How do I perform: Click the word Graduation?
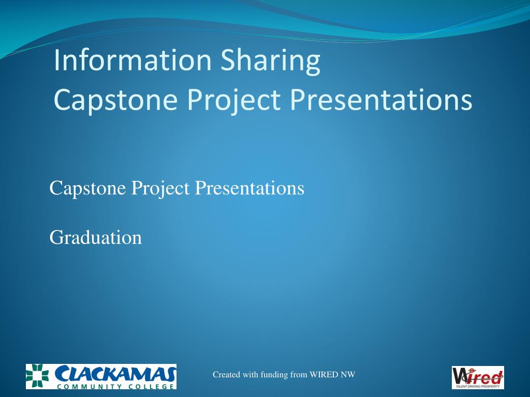(x=96, y=238)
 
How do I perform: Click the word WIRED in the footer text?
(x=324, y=375)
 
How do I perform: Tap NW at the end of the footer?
(x=349, y=375)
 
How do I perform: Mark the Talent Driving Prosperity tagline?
(x=478, y=386)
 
